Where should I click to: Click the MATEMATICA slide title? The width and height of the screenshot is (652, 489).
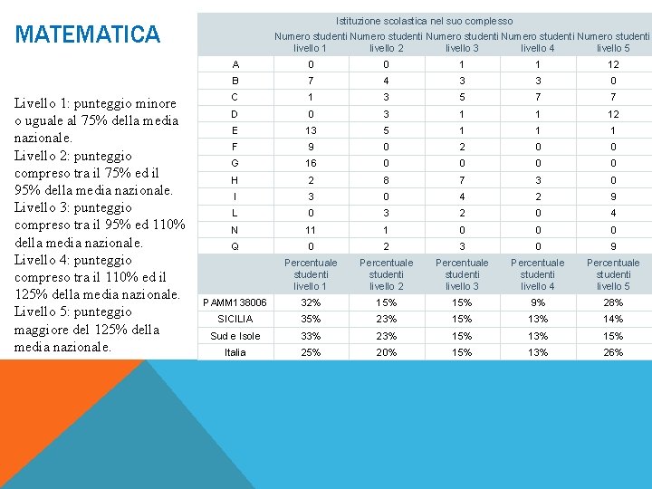tap(88, 35)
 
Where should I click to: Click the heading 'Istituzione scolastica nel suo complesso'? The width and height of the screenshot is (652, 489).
tap(424, 21)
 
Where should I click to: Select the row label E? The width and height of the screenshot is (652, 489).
tap(235, 130)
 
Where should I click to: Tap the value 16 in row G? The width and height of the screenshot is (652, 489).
tap(311, 163)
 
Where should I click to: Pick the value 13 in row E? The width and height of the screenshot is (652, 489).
tap(311, 130)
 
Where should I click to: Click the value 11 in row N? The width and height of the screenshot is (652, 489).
tap(311, 230)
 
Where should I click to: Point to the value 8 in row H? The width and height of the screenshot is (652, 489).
tap(387, 180)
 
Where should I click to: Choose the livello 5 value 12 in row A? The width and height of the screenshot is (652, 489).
tap(613, 64)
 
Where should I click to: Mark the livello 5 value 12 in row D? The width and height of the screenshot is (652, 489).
tap(613, 114)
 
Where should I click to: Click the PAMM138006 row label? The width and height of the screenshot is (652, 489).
tap(235, 302)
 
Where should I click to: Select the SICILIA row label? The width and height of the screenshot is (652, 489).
tap(235, 319)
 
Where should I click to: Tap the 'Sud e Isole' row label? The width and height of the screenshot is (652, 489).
tap(235, 336)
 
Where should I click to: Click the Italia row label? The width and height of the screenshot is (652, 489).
tap(235, 352)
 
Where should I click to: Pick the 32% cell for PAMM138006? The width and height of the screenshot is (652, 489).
tap(311, 302)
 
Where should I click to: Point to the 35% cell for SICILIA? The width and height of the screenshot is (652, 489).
tap(311, 319)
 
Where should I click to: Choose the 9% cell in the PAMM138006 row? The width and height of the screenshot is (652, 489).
tap(538, 302)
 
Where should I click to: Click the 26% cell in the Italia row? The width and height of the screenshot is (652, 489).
tap(613, 352)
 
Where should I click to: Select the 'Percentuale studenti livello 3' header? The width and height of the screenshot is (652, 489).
tap(463, 274)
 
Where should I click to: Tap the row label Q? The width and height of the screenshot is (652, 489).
tap(235, 246)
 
